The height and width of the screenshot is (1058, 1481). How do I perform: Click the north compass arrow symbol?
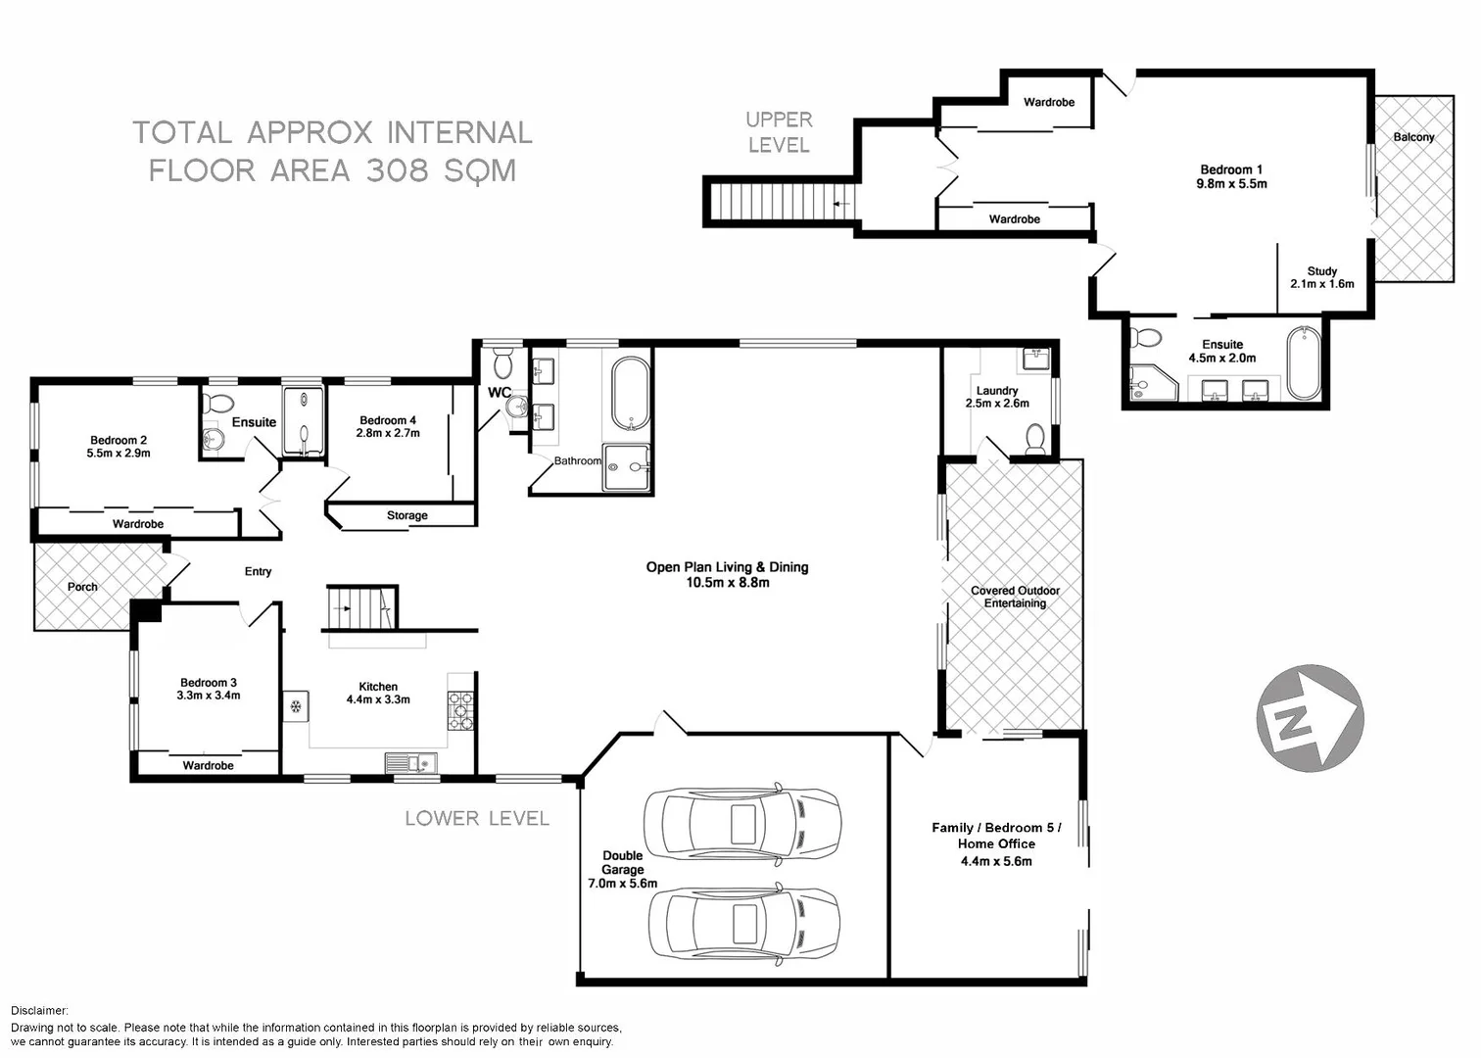[1309, 717]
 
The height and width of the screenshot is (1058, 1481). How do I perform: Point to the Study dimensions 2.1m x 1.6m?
[1321, 284]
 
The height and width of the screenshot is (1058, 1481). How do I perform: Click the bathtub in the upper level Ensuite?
[1304, 363]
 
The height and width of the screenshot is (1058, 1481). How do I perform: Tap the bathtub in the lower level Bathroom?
[630, 394]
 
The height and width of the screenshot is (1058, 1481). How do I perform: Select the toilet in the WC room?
[503, 363]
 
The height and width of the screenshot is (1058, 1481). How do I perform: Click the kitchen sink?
[412, 761]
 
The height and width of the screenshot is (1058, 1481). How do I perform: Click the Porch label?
[82, 587]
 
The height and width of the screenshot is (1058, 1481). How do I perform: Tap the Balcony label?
[1413, 137]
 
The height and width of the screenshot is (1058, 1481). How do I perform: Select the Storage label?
[406, 515]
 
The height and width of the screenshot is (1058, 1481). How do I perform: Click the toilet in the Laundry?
[1034, 439]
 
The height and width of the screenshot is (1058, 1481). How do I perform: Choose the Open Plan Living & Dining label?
[727, 567]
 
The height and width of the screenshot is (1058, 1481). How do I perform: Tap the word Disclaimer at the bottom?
[40, 1010]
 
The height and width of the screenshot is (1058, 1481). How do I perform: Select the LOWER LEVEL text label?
[477, 818]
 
